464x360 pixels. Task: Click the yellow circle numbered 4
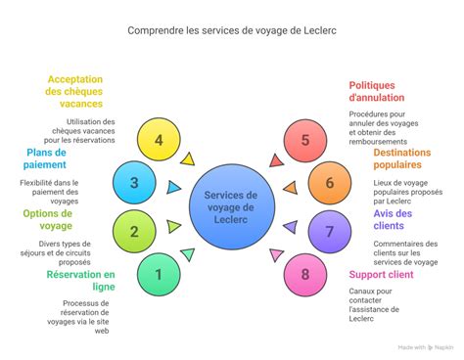(x=159, y=140)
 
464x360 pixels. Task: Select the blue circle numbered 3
(x=134, y=182)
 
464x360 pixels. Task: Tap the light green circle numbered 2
(x=134, y=232)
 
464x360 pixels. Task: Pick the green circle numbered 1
(x=159, y=274)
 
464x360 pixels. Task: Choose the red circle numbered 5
(x=304, y=140)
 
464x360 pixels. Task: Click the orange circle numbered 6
(x=330, y=182)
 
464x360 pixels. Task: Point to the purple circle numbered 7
(x=330, y=232)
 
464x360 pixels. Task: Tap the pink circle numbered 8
(x=304, y=274)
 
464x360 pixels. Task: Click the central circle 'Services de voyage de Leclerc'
(x=232, y=206)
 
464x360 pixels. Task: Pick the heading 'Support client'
(x=381, y=274)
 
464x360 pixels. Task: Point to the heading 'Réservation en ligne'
(x=80, y=281)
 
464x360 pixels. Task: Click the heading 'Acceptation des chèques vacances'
(x=74, y=92)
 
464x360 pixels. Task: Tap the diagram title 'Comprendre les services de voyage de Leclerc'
(x=232, y=30)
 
